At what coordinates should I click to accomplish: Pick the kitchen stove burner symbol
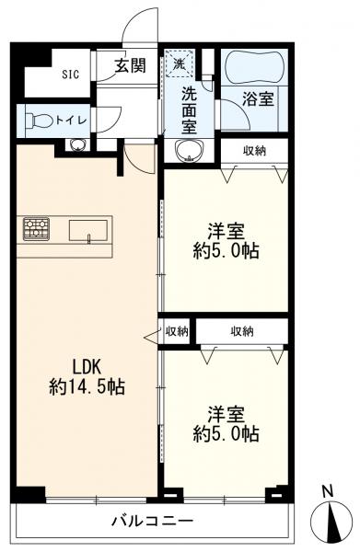tap(36, 227)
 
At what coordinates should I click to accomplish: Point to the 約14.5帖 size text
tap(87, 386)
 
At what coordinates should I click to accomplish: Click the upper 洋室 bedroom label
tap(226, 230)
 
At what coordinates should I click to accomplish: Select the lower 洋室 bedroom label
tap(226, 413)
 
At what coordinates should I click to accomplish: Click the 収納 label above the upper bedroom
tap(254, 151)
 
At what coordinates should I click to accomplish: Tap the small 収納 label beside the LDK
tap(176, 331)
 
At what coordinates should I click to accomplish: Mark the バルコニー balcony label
tap(153, 521)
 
